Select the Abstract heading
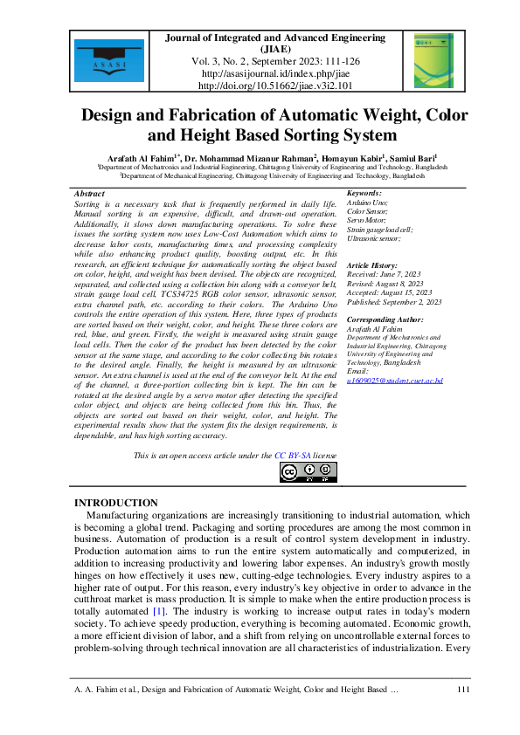click(90, 194)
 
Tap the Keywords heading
click(364, 194)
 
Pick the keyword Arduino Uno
click(368, 203)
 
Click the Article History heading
click(373, 264)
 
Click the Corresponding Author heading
click(385, 320)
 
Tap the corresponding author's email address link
click(395, 381)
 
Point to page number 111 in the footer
click(464, 690)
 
